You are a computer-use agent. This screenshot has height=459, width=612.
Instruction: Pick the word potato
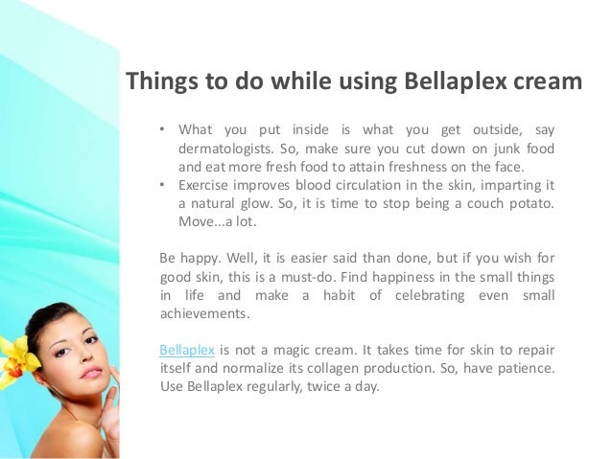click(x=526, y=205)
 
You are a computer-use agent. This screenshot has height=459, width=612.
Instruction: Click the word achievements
click(x=203, y=313)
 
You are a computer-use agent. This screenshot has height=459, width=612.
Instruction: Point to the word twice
click(x=322, y=387)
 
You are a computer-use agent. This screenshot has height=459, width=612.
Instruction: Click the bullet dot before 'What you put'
click(x=163, y=130)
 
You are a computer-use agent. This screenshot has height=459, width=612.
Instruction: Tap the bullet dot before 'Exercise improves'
click(x=163, y=186)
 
